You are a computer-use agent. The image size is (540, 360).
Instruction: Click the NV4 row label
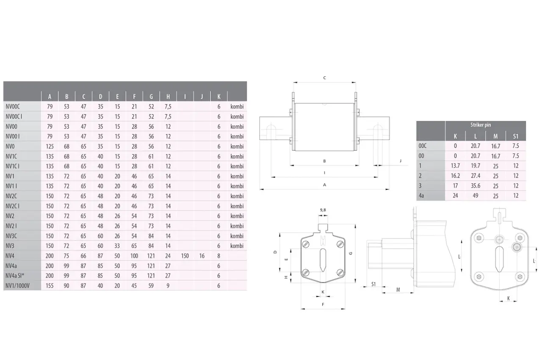[10, 255]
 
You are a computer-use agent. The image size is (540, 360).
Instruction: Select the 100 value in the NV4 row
[134, 256]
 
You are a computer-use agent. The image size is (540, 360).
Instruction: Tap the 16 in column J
[202, 256]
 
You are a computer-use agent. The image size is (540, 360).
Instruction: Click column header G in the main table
[151, 97]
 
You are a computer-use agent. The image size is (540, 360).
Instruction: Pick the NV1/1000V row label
[18, 286]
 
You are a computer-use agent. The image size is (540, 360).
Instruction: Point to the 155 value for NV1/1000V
[50, 286]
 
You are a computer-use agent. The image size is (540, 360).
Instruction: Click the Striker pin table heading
[480, 125]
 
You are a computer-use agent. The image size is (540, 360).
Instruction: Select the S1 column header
[515, 136]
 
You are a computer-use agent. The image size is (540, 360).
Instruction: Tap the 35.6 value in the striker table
[475, 186]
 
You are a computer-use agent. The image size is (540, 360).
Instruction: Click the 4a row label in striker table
[421, 196]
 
